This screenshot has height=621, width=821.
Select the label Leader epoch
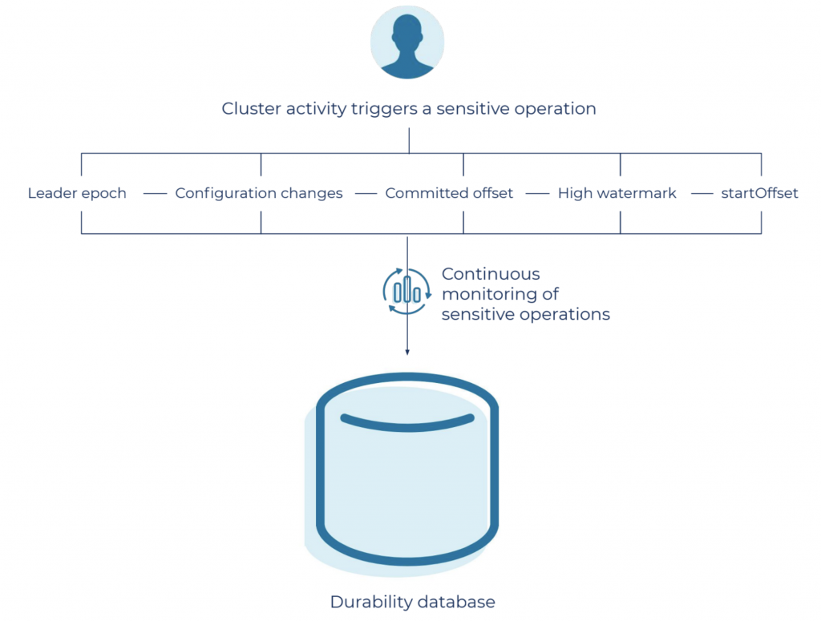point(77,193)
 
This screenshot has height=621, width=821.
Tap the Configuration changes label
point(259,193)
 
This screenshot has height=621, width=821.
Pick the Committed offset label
point(449,193)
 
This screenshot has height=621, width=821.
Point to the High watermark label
point(617,193)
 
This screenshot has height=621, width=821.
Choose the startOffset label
point(759,193)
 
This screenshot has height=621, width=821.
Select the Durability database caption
point(412,602)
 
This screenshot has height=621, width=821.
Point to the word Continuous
point(491,274)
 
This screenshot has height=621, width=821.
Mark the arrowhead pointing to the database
point(407,351)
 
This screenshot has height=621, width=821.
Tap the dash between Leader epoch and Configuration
point(154,193)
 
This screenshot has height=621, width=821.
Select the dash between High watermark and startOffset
point(702,193)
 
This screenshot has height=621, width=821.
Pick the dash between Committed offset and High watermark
point(536,193)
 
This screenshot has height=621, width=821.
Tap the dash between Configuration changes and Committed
point(366,193)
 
